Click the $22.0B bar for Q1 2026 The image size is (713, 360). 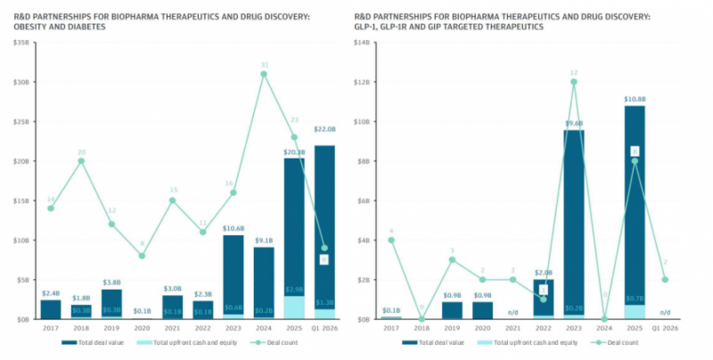coord(324,223)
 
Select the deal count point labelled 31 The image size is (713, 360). coord(264,74)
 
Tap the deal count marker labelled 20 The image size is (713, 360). coord(81,160)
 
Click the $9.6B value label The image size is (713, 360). coord(573,123)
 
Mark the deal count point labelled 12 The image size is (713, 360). coord(573,82)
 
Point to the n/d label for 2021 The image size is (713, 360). coord(512,312)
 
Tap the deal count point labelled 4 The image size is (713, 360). coord(391,240)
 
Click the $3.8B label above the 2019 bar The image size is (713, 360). coord(111,282)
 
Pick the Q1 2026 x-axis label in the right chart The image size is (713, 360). coord(664,328)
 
